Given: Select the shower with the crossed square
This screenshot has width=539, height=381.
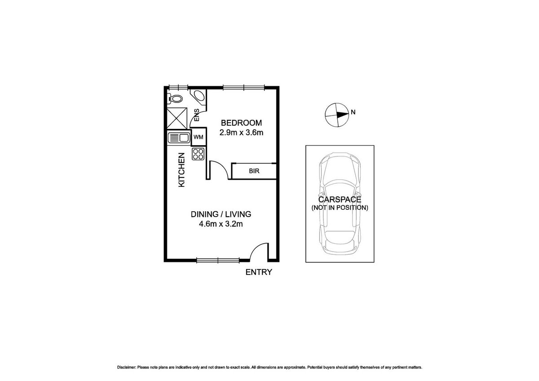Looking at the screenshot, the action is tap(177, 118).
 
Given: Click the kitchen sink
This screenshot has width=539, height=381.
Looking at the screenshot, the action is tap(179, 138).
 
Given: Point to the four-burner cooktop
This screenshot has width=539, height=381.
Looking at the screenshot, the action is tap(198, 154).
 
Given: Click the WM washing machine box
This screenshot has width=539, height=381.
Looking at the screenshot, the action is tap(199, 137).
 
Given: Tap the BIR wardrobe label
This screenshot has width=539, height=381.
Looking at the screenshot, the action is tap(254, 171).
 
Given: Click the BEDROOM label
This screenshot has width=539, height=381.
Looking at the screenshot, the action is tap(241, 123).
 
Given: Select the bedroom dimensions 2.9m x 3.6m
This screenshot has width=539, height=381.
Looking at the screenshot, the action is tap(241, 133).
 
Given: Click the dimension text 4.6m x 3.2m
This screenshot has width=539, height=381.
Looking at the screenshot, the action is tap(221, 224).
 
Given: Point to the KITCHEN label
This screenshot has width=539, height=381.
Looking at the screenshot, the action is tap(181, 170).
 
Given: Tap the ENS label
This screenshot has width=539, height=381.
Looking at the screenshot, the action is tap(197, 115).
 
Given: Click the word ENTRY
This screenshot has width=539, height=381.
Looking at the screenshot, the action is tap(259, 272).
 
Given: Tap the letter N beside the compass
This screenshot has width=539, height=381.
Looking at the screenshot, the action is tap(353, 112).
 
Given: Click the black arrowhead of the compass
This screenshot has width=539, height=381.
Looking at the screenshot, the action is tap(342, 115).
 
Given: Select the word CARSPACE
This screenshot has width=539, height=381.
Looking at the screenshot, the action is tap(340, 199).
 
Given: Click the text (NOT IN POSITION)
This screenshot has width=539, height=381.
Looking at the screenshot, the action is tap(340, 208).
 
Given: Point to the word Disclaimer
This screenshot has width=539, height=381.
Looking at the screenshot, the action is tap(127, 374).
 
